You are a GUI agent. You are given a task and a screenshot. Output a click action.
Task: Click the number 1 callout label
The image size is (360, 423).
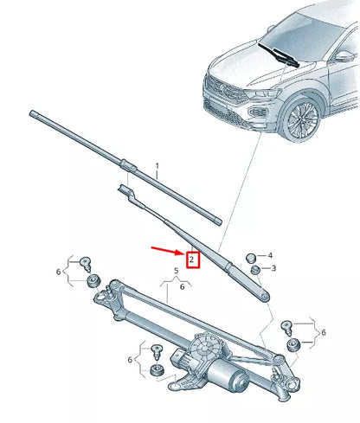point(157,164)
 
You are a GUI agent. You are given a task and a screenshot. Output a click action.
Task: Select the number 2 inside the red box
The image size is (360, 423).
point(193,259)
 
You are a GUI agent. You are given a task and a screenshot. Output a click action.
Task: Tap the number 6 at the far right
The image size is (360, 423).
point(322,333)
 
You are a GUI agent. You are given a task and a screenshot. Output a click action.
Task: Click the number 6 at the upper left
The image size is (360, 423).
point(58,272)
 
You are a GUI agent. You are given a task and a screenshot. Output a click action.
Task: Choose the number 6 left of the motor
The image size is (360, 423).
point(131,360)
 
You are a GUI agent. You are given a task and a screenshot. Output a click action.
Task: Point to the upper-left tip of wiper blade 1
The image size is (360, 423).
point(33,112)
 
